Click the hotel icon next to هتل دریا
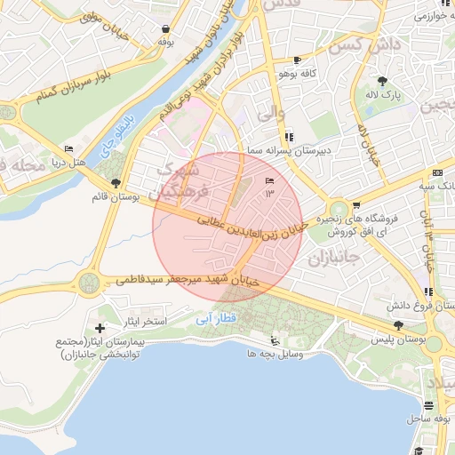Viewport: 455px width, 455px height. pos(69,148)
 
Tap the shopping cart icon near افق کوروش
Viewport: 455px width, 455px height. pos(356,205)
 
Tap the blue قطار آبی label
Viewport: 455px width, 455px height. pos(211,317)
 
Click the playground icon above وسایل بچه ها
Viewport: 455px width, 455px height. pos(275,339)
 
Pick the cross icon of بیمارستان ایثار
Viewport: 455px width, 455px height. pos(100,330)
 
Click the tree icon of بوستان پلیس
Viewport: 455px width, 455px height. pos(398,326)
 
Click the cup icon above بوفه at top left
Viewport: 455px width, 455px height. pos(165,28)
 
